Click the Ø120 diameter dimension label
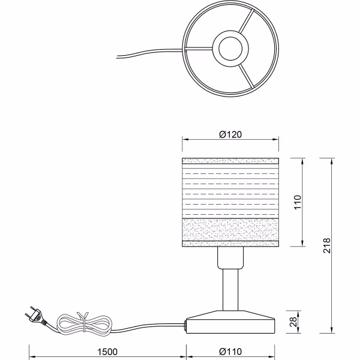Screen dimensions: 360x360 coord(230,134)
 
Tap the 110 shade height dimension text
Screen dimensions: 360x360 coord(297,202)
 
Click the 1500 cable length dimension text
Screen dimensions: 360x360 coord(106,352)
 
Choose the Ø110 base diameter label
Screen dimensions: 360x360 coord(231,352)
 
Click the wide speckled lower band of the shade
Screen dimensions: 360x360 coord(231,230)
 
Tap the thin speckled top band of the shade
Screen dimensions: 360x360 coord(231,160)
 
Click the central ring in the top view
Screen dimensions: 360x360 coord(230,47)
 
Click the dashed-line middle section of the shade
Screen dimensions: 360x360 coord(231,192)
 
